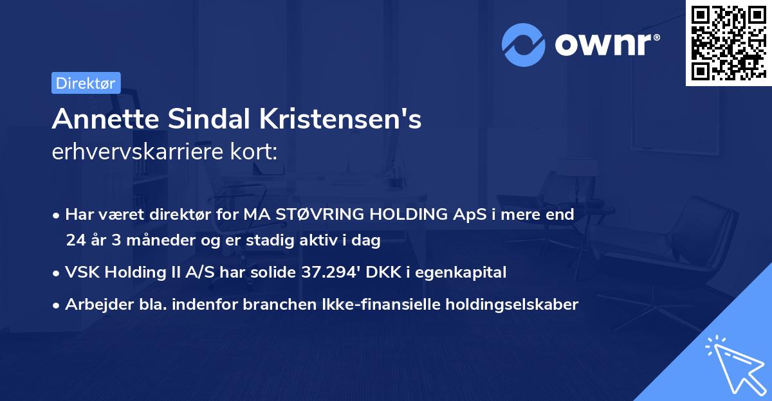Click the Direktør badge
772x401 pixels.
click(86, 83)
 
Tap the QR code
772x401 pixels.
click(728, 43)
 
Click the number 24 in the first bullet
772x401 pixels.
click(75, 241)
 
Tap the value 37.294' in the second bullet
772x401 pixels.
click(330, 272)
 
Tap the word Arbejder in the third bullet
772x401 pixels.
click(93, 305)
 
